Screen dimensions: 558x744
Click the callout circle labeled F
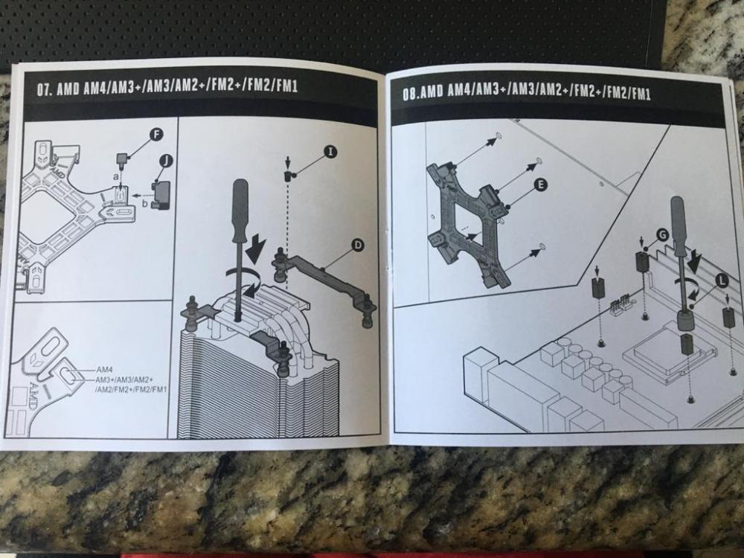(156, 135)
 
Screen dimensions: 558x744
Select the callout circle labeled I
(329, 152)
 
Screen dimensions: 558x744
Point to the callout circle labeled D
(357, 244)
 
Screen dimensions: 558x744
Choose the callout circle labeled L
(721, 279)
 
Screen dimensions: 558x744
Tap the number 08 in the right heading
(409, 94)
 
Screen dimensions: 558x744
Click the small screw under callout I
(287, 176)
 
